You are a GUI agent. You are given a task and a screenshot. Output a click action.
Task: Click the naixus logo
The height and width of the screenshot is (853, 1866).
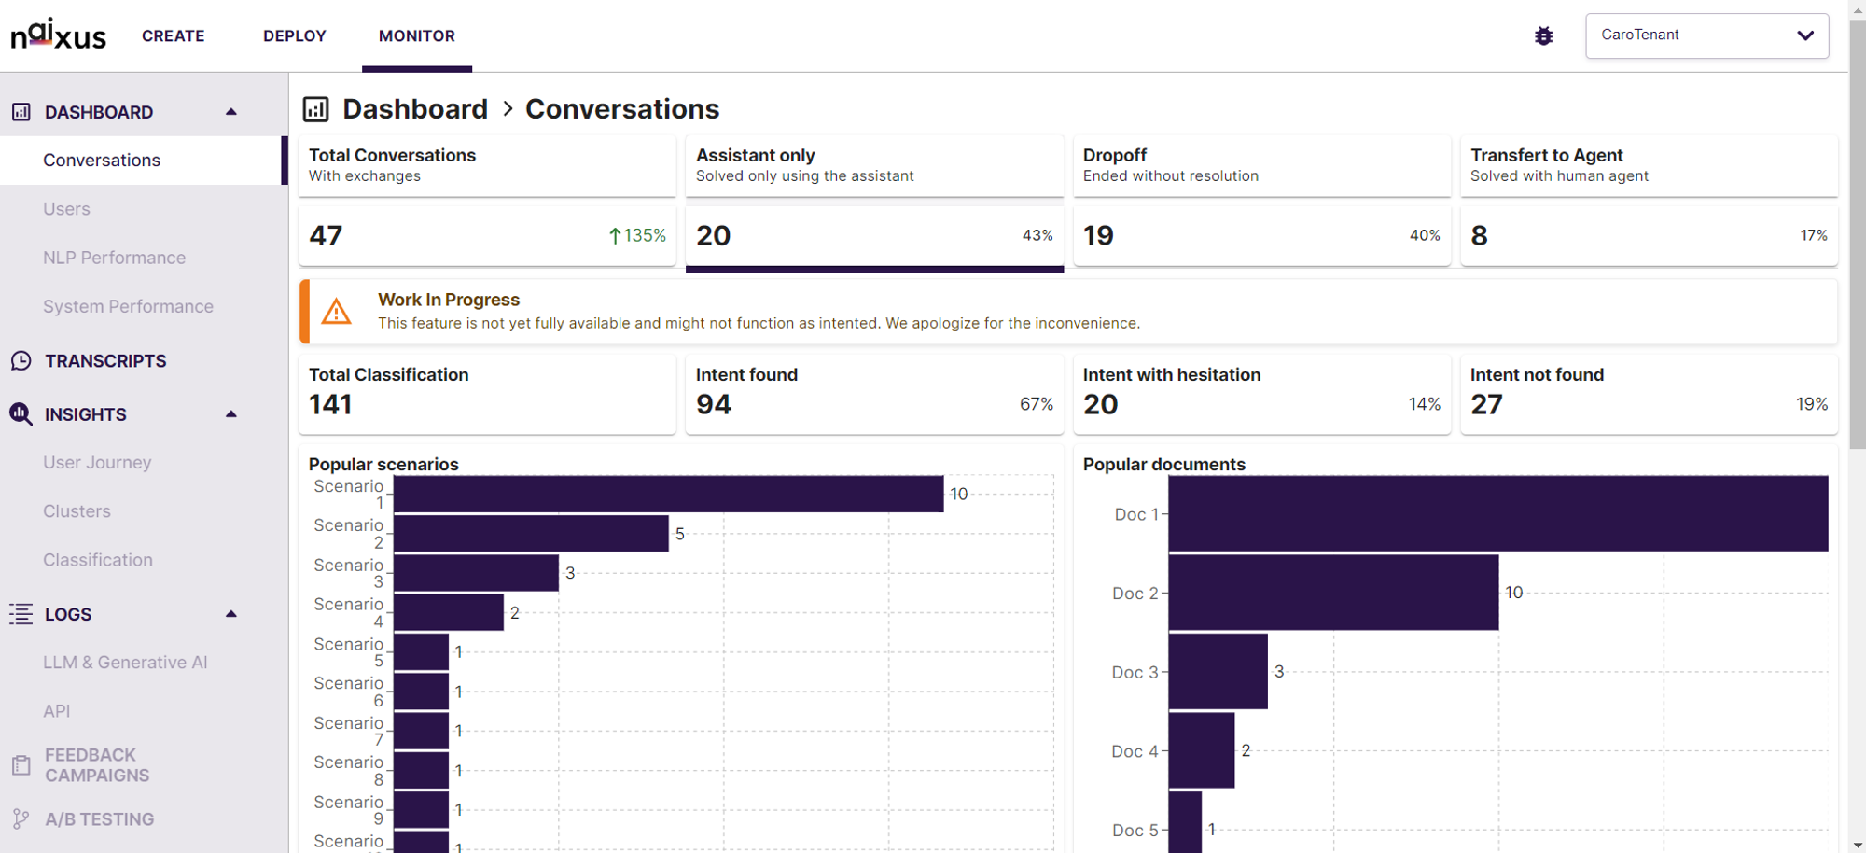coord(58,35)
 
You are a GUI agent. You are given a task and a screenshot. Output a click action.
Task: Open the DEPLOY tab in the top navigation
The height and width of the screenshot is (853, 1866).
coord(295,35)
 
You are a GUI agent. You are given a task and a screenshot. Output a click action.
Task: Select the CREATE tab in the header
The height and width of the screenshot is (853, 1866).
coord(174,35)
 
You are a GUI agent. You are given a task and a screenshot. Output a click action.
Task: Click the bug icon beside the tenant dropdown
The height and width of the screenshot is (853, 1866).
coord(1544,35)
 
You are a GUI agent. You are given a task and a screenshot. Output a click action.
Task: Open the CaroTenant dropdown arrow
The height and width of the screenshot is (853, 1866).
coord(1805,35)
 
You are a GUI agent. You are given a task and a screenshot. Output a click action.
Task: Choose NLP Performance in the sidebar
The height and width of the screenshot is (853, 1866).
coord(114,258)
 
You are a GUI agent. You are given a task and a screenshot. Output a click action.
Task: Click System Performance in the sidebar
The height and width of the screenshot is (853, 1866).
coord(128,306)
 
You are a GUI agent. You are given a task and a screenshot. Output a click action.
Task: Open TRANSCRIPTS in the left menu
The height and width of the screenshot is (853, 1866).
coord(105,361)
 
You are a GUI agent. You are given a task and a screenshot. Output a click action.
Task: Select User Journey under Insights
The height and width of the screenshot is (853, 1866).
coord(97,462)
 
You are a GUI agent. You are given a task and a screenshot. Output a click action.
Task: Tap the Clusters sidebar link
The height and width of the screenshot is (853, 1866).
coord(77,511)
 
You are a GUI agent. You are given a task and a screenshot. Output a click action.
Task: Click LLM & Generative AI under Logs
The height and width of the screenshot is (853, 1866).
coord(125,663)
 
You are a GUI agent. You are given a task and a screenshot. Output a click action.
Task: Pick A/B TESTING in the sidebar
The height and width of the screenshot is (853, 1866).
coord(100,819)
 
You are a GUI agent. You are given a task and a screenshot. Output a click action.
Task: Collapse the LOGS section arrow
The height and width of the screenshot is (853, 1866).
coord(231,614)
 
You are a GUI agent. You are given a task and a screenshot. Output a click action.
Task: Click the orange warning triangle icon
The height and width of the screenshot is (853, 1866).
coord(336,312)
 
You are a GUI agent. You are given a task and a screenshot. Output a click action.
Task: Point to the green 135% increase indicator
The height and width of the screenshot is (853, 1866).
coord(637,235)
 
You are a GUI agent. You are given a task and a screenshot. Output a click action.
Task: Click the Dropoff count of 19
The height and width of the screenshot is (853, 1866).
coord(1098,235)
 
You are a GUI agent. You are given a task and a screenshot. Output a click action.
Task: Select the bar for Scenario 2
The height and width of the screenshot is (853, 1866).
coord(531,534)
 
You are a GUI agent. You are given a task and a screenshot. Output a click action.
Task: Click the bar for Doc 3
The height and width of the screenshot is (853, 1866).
coord(1218,672)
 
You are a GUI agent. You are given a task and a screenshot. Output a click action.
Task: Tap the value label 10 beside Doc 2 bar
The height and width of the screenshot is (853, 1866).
coord(1513,593)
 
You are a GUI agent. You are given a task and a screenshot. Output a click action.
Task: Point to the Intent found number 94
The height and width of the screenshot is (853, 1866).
coord(714,404)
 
